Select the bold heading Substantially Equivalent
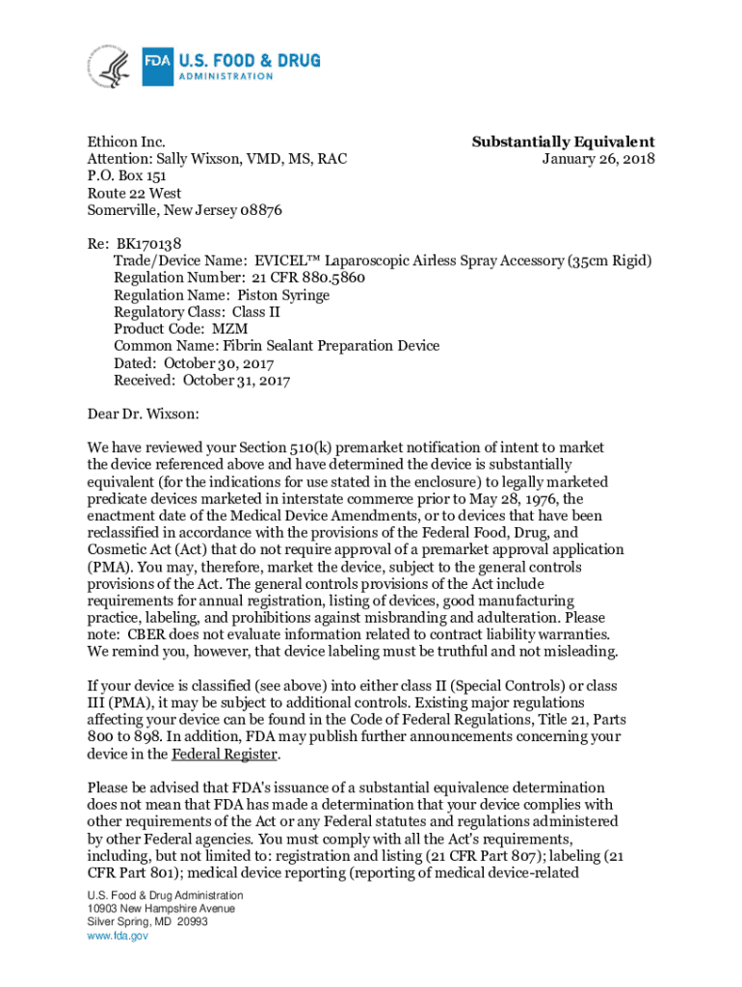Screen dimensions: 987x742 (563, 142)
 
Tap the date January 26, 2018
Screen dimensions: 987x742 (597, 159)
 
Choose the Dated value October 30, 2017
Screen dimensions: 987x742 (219, 363)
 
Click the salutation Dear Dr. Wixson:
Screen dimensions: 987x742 (144, 414)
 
